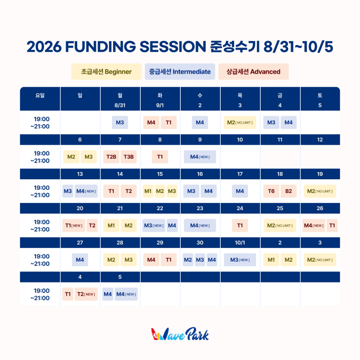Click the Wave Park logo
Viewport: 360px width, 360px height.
(x=180, y=334)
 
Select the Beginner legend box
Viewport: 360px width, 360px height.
(x=106, y=72)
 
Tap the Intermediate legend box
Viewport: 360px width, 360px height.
(x=180, y=72)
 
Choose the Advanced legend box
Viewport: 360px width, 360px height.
(x=253, y=72)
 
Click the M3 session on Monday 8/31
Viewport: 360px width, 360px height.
(x=120, y=122)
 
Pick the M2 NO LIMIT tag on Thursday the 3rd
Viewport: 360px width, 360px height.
(x=240, y=122)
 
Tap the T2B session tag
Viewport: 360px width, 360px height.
(x=111, y=157)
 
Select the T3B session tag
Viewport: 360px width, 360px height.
(x=129, y=157)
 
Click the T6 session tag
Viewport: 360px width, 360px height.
(x=271, y=191)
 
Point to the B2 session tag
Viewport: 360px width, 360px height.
(x=289, y=191)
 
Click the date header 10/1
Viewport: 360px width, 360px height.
(x=240, y=243)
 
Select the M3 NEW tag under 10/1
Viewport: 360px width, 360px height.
(x=240, y=260)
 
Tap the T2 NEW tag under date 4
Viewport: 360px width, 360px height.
(x=86, y=294)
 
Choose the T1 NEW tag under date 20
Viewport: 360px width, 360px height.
(x=74, y=225)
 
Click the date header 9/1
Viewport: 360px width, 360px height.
(x=160, y=105)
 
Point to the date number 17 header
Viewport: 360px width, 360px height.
(x=240, y=174)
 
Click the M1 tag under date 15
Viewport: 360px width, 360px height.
(x=148, y=191)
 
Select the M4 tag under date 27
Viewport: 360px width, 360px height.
(x=80, y=260)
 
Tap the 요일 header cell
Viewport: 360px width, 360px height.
(x=40, y=99)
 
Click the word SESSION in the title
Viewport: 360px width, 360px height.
(x=173, y=46)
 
